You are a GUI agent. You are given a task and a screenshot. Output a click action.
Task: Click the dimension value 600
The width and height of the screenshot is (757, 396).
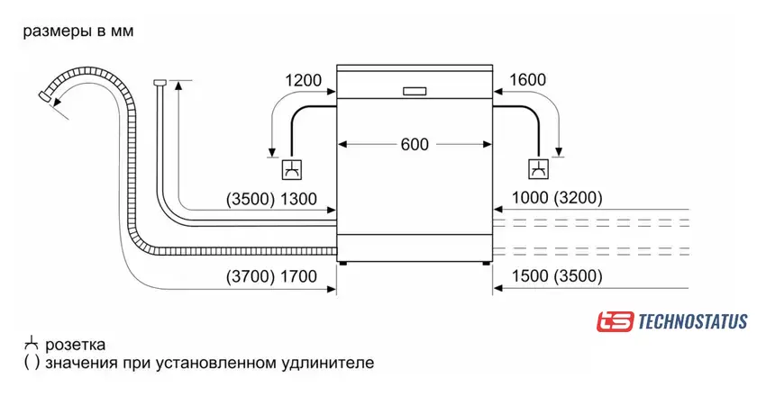(415, 144)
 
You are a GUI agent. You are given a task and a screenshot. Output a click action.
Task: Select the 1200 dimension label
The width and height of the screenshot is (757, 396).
(304, 80)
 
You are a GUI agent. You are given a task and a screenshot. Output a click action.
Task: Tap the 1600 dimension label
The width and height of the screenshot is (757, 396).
(527, 80)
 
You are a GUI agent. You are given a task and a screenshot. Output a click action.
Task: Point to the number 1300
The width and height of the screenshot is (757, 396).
(300, 199)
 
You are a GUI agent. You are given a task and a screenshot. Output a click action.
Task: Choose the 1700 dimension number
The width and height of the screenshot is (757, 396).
(300, 276)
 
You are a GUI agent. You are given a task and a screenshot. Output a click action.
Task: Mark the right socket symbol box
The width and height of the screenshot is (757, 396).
(538, 168)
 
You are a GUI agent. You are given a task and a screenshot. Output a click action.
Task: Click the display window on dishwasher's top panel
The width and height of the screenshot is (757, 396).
(415, 90)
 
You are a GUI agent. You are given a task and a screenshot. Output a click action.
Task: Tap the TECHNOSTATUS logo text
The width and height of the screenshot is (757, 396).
(692, 321)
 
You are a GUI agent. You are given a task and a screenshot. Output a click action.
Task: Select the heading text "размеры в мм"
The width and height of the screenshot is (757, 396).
(78, 32)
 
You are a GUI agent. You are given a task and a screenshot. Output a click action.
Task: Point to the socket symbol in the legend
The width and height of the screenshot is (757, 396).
(31, 344)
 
